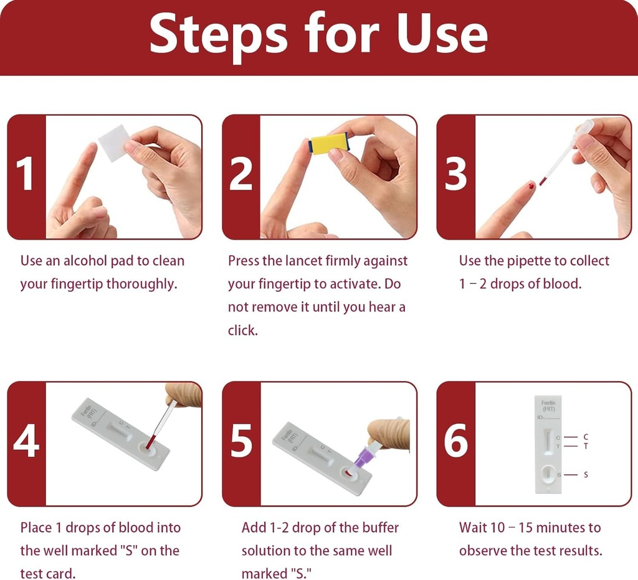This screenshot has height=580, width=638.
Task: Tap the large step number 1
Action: tap(26, 174)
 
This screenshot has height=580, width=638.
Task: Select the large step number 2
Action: tap(240, 174)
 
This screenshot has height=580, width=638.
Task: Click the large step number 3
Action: tap(455, 174)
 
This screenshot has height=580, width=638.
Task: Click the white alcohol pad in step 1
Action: tap(113, 143)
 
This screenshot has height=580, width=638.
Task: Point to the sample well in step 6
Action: tap(548, 475)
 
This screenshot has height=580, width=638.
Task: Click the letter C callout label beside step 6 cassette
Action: tap(585, 437)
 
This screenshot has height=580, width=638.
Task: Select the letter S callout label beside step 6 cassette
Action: tap(585, 475)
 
